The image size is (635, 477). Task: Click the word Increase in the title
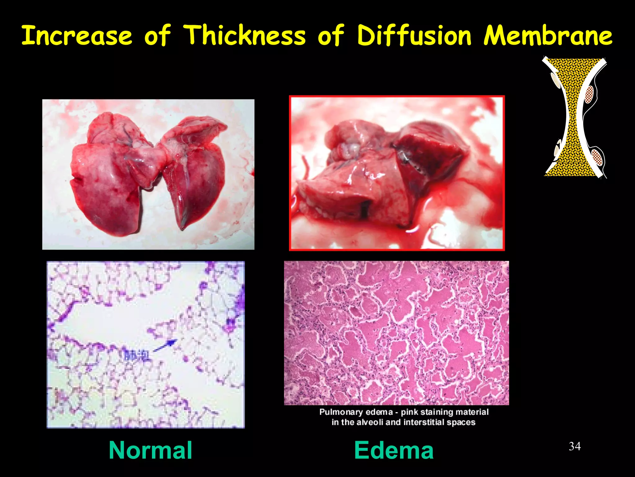coord(77,36)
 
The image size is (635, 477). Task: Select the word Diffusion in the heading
coord(414,36)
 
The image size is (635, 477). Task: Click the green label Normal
coord(150,450)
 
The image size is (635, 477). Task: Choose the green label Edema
coord(394,450)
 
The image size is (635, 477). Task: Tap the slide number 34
coord(575,446)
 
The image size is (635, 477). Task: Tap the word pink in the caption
coord(409,412)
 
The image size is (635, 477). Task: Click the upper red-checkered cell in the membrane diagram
coord(589,94)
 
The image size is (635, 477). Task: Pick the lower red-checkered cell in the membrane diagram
coord(597,157)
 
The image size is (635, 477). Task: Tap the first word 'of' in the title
coord(158,36)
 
